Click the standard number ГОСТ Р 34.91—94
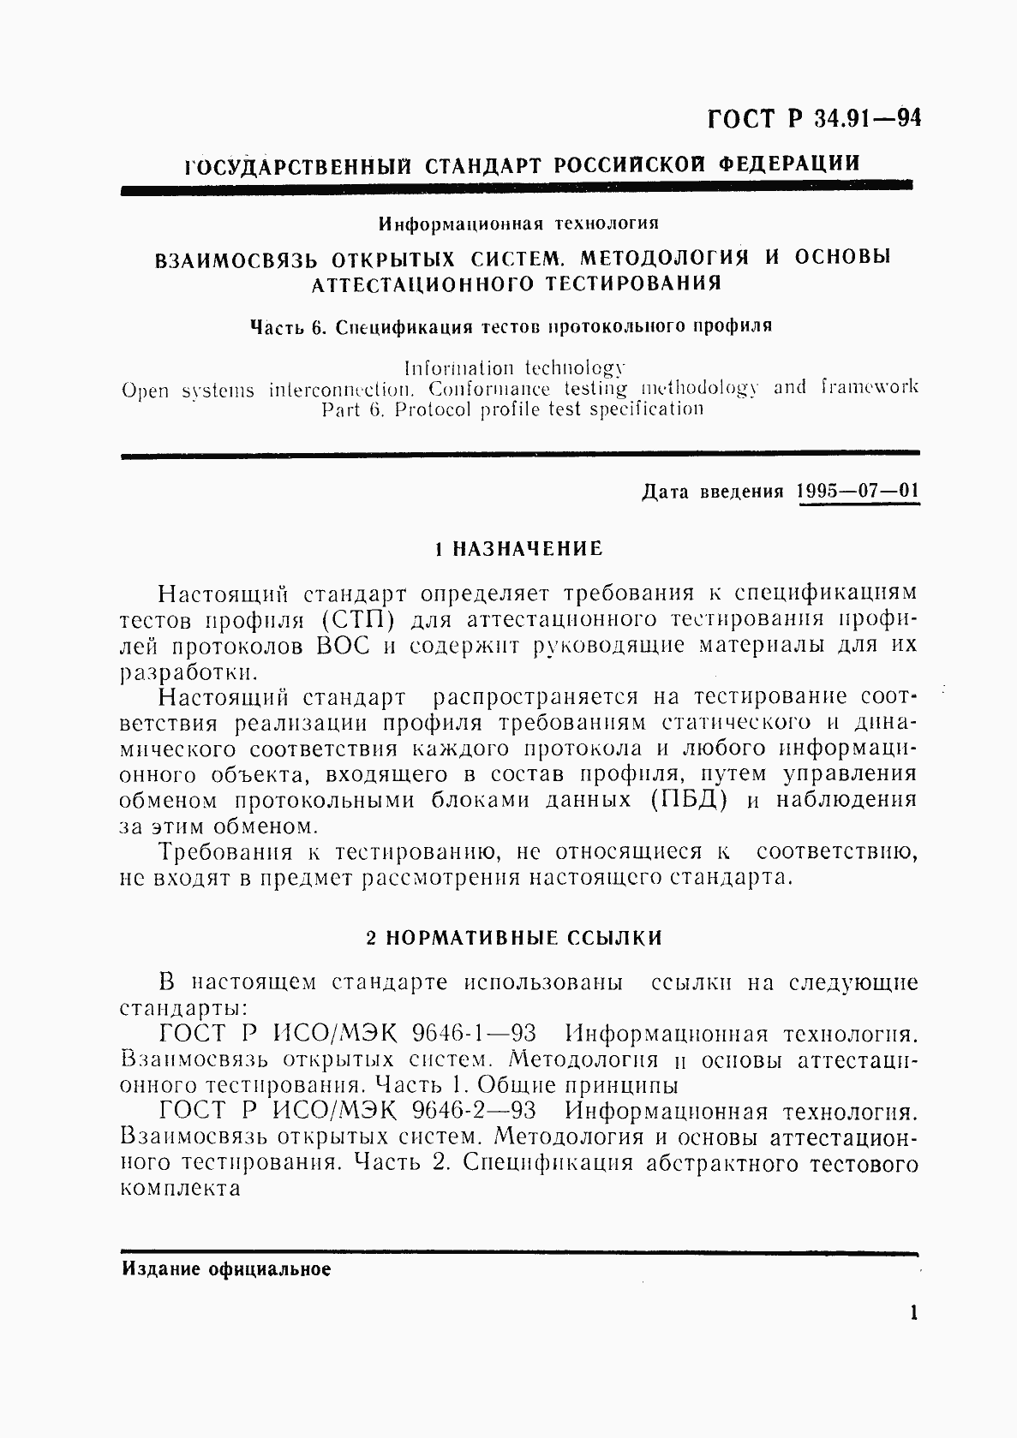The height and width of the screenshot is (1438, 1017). pos(813,119)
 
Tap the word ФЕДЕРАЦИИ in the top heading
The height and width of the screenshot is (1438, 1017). pos(789,164)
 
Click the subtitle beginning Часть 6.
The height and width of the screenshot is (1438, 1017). pos(510,326)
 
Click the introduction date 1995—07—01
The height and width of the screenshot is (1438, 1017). pos(857,492)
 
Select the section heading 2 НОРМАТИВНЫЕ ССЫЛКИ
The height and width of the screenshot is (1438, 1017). pos(514,938)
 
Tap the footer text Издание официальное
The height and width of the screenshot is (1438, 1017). pos(225,1270)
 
